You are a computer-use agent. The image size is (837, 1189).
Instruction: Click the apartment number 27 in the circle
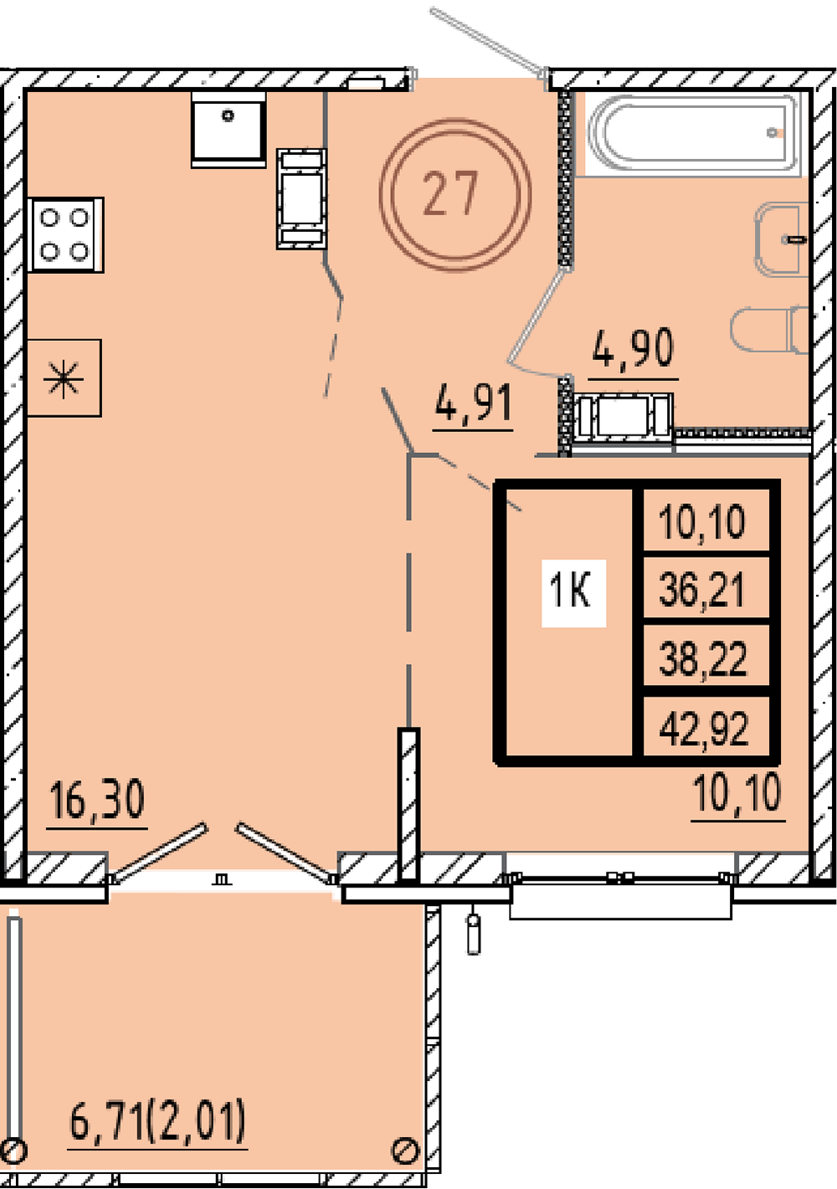[450, 193]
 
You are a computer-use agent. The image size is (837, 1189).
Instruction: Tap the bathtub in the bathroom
[693, 133]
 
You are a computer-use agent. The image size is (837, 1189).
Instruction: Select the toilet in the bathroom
[769, 329]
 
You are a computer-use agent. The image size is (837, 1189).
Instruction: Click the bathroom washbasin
[781, 239]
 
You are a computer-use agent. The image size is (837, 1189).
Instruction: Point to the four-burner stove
[64, 234]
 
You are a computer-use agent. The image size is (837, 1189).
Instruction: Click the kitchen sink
[229, 130]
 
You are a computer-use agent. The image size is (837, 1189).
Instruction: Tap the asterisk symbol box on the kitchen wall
[64, 378]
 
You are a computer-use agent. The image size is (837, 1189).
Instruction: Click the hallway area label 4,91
[474, 403]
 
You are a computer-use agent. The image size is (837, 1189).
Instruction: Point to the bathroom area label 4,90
[633, 347]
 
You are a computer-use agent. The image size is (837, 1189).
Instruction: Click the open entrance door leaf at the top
[488, 41]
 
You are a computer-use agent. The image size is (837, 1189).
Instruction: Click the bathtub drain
[773, 131]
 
